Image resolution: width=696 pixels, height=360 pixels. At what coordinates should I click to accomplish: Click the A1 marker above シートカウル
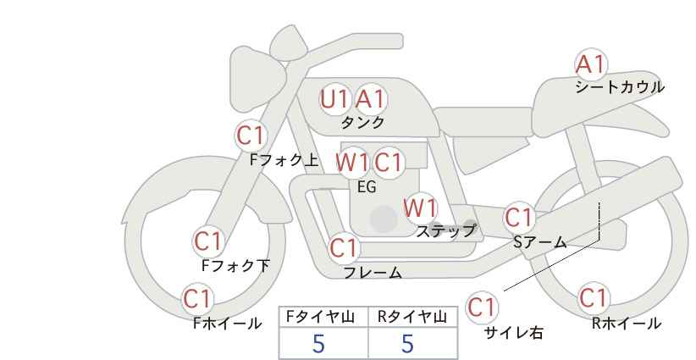coord(591,64)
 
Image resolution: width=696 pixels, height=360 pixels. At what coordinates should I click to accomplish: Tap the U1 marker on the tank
coord(334,99)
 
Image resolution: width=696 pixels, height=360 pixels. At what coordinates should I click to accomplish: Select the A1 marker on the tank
coord(371,99)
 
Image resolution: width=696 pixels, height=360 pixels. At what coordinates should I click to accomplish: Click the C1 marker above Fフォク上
coord(251,136)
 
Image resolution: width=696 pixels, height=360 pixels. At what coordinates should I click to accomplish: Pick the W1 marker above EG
coord(352,163)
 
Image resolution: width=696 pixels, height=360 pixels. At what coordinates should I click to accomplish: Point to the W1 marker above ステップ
coord(421,208)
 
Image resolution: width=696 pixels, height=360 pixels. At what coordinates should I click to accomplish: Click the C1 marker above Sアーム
coord(519,218)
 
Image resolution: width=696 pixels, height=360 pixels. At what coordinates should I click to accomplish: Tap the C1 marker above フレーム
coord(345,247)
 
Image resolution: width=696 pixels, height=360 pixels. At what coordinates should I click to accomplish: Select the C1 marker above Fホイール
coord(197,299)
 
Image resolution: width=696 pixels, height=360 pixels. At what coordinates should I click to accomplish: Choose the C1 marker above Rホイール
coord(594,298)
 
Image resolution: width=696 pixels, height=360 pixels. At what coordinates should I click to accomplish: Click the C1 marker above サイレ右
coord(482,307)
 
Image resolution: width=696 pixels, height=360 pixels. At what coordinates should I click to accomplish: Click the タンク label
coord(362,122)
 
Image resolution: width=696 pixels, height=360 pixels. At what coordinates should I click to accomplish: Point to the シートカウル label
coord(620,86)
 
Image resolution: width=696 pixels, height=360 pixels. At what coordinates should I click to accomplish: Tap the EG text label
coord(367,187)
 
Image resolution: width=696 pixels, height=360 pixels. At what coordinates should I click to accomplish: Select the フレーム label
coord(373,272)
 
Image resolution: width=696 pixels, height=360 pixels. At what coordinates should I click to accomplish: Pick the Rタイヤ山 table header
coord(412,317)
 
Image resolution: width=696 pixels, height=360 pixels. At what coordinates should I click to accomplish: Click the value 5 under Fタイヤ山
coord(318,344)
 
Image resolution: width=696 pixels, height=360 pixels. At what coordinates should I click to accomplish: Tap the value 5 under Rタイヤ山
coord(407,344)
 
